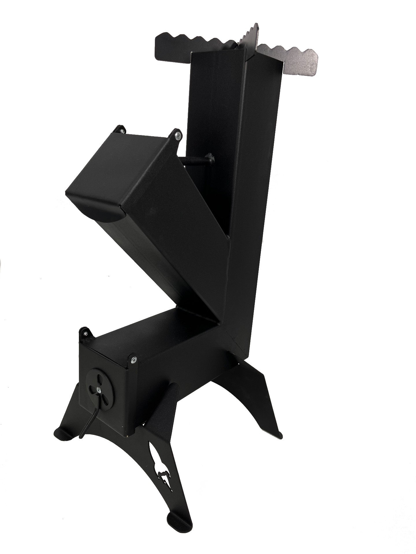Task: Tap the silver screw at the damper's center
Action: point(99,390)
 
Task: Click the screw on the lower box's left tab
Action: point(86,334)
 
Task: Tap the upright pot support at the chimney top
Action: point(250,38)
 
